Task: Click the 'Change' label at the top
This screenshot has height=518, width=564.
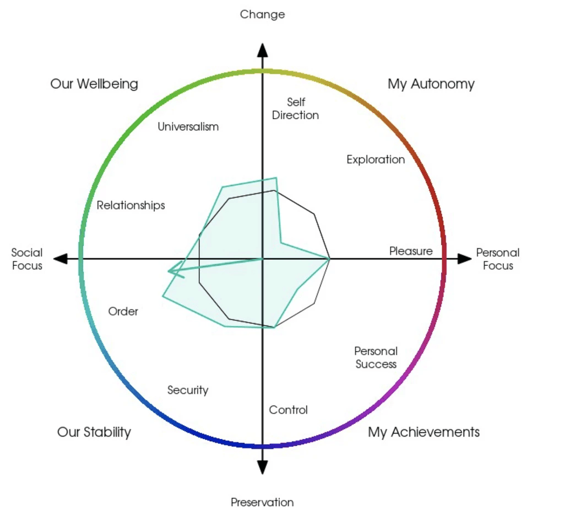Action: coord(262,14)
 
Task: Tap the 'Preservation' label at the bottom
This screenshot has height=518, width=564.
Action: coord(262,502)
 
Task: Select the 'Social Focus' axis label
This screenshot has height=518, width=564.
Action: coord(27,259)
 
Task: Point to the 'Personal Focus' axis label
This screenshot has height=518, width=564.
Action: coord(498,259)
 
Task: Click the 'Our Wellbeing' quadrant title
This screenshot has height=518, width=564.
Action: coord(94,84)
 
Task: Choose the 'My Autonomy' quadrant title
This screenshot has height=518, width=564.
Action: coord(431,84)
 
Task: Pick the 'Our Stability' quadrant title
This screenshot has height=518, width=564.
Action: coord(94,432)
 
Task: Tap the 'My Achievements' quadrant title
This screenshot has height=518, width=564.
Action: coord(424,432)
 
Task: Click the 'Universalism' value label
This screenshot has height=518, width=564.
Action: coord(188,126)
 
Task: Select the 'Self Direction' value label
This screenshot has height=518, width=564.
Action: coord(295,109)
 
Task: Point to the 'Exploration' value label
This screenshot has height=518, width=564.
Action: coord(376,159)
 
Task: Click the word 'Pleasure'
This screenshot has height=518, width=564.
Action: coord(411,250)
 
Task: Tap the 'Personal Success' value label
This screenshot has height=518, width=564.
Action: coord(376,357)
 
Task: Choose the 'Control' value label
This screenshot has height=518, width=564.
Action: coord(288,410)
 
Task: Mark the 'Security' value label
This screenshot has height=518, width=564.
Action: coord(188,390)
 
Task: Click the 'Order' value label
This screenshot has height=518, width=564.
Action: coord(123,311)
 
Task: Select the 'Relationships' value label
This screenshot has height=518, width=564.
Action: coord(131,205)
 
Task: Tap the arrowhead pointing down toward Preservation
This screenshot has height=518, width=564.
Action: coord(263,467)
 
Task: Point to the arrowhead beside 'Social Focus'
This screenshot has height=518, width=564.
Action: coord(61,259)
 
